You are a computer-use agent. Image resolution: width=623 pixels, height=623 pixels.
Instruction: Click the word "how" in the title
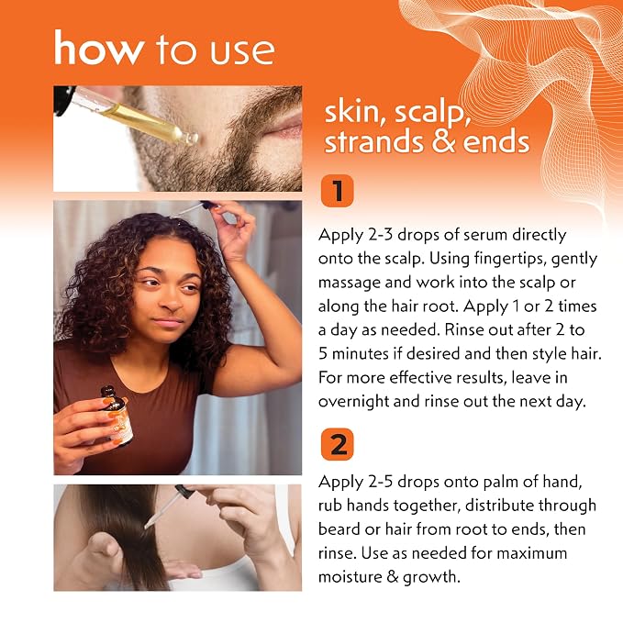[x=99, y=48]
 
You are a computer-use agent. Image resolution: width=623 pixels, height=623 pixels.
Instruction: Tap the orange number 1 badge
[x=337, y=191]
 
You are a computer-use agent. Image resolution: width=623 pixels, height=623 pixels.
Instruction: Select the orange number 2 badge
[x=337, y=444]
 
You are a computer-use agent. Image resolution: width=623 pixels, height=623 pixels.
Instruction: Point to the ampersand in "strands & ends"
[x=443, y=141]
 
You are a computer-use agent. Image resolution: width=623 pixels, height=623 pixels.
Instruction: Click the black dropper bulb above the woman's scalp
[x=207, y=205]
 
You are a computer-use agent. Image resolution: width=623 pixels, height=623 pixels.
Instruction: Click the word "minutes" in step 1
[x=360, y=354]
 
